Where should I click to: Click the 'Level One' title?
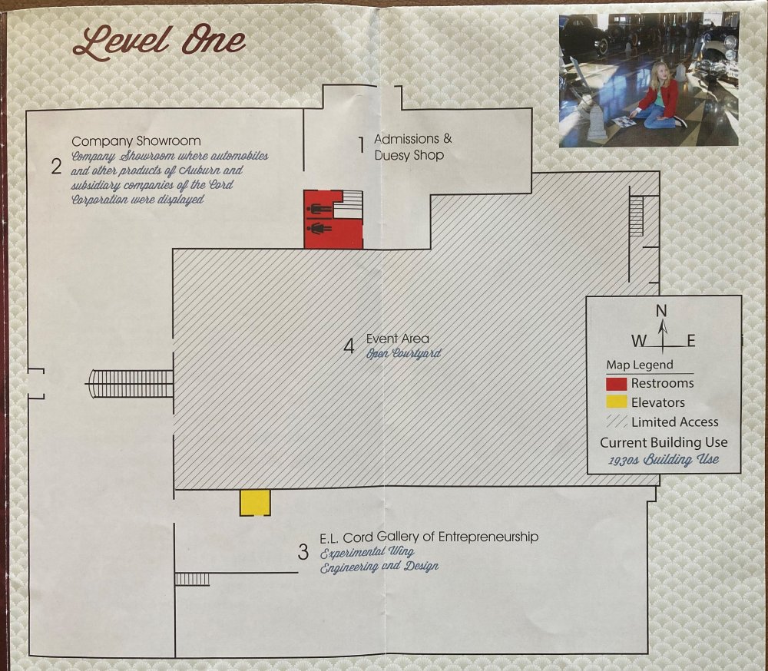[x=159, y=42]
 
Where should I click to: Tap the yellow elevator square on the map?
[x=255, y=503]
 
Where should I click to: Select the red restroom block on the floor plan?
[x=333, y=220]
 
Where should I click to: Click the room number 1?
[x=362, y=145]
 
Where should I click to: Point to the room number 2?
[x=56, y=167]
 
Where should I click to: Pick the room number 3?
[x=303, y=552]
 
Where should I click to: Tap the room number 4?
[x=349, y=346]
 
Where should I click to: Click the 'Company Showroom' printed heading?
[x=136, y=141]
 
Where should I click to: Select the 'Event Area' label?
[x=398, y=339]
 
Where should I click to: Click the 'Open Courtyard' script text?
[x=404, y=353]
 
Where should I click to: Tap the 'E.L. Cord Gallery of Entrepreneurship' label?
[x=429, y=537]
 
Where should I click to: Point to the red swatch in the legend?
[x=616, y=384]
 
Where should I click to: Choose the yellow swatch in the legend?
[x=616, y=402]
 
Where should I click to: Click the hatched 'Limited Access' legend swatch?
[x=617, y=421]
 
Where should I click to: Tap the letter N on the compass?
[x=661, y=310]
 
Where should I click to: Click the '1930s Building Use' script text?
[x=664, y=459]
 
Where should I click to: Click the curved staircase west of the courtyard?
[x=130, y=384]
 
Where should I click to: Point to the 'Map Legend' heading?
[x=640, y=365]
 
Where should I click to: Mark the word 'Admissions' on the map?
[x=406, y=139]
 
